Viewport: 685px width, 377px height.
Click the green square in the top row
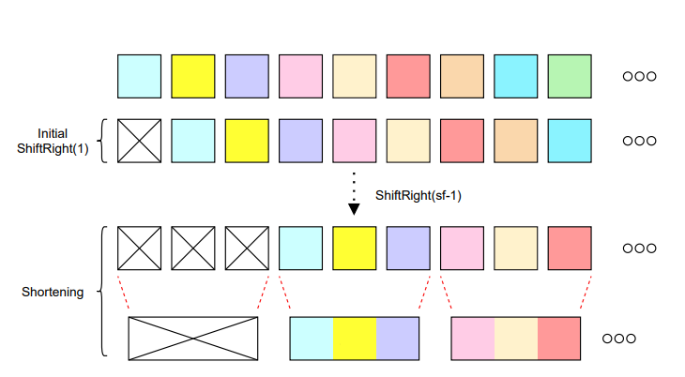pyautogui.click(x=570, y=76)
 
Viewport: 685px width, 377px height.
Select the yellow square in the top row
pyautogui.click(x=192, y=76)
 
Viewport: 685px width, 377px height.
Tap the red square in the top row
pyautogui.click(x=408, y=76)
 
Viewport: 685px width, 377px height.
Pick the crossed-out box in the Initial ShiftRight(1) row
pyautogui.click(x=139, y=141)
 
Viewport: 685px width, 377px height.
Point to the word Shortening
pyautogui.click(x=53, y=292)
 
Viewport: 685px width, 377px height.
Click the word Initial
pyautogui.click(x=53, y=133)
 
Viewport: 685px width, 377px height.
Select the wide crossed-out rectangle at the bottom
pyautogui.click(x=193, y=339)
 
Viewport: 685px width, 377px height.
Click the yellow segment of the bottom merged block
pyautogui.click(x=355, y=339)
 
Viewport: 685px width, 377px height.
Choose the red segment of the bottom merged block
pyautogui.click(x=560, y=339)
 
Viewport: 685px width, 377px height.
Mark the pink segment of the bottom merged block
pyautogui.click(x=473, y=339)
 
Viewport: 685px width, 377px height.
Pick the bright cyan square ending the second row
pyautogui.click(x=570, y=141)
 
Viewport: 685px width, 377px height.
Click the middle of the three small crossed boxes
pyautogui.click(x=192, y=249)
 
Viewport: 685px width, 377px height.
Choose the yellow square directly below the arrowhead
pyautogui.click(x=354, y=249)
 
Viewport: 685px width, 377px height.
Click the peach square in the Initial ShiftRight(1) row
pyautogui.click(x=516, y=141)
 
